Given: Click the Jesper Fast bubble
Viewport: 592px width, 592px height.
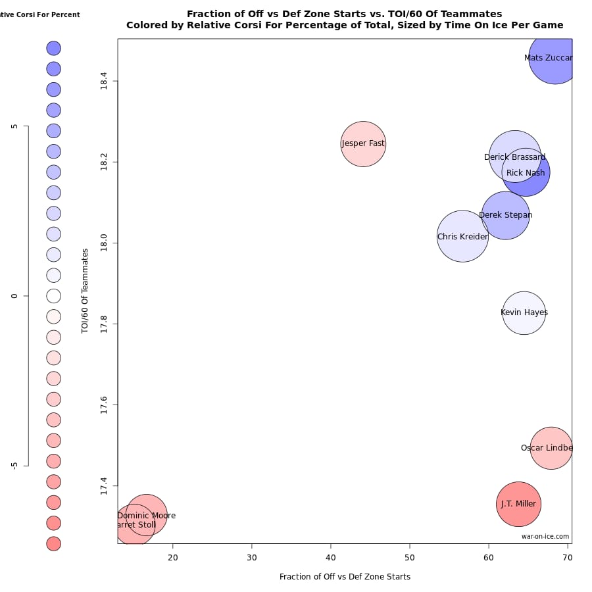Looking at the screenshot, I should click(x=363, y=144).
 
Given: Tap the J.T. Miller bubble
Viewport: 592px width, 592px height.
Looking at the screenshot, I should click(x=518, y=505).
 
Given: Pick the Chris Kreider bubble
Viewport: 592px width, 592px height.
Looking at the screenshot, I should click(x=462, y=236).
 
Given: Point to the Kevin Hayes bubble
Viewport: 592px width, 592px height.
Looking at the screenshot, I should click(x=524, y=313).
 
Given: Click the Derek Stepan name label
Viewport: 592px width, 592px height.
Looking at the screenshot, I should click(x=505, y=215).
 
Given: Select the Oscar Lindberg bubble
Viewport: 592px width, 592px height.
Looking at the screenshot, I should click(x=551, y=448).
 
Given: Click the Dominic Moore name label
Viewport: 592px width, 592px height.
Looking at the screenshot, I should click(x=146, y=516).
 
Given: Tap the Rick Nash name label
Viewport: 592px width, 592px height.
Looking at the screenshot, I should click(x=526, y=173).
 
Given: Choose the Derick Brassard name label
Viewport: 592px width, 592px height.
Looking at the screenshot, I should click(x=514, y=157).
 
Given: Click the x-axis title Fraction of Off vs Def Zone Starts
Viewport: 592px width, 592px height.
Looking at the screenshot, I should click(x=345, y=577).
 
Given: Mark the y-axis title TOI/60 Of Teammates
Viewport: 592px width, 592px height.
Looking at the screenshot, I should click(x=85, y=291).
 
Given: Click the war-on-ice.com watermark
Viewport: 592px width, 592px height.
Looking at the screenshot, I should click(x=545, y=537).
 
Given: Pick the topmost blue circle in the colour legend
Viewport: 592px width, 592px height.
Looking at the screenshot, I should click(x=54, y=48).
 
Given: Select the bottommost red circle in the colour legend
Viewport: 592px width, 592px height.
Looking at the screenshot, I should click(x=54, y=544).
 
